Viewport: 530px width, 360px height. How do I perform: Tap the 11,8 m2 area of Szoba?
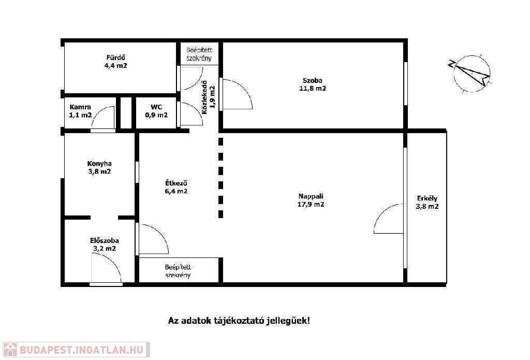[312, 89]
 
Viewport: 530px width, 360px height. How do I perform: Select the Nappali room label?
[311, 196]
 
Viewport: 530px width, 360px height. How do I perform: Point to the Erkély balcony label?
[427, 198]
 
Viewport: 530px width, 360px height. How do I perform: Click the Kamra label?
[80, 107]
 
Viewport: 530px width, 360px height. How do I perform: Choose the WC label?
[156, 107]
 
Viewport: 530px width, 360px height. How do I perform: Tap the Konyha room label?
[99, 164]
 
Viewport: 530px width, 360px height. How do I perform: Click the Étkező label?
[176, 183]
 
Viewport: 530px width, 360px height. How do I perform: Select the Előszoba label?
[105, 241]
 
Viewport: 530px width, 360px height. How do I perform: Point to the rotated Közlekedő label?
[204, 97]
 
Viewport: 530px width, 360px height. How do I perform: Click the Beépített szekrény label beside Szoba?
[199, 54]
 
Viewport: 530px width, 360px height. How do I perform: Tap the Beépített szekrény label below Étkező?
[178, 271]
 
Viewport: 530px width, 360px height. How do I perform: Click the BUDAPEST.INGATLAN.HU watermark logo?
[76, 350]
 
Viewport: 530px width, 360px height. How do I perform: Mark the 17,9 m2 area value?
[311, 205]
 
